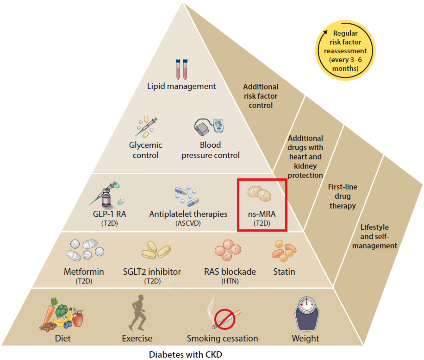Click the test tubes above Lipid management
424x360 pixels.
(181, 69)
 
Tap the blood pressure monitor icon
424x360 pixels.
(211, 127)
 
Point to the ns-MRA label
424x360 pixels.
(262, 215)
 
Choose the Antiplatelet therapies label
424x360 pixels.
(188, 214)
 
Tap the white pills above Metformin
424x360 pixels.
(84, 251)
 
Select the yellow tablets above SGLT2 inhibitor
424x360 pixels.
(156, 250)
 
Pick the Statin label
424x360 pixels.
(284, 272)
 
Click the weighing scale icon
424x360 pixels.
(306, 314)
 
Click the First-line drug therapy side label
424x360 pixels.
(343, 196)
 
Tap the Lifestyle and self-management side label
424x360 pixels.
(374, 236)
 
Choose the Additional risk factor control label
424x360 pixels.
(261, 96)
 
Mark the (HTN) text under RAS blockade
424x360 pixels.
(230, 281)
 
